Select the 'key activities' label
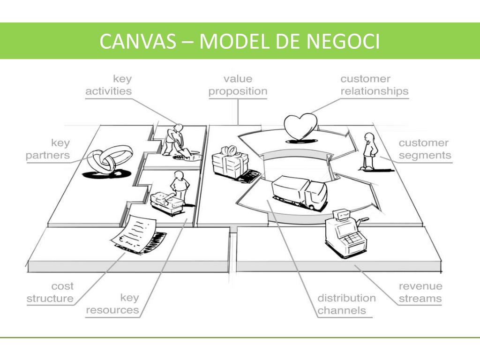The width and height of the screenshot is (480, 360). click(x=108, y=85)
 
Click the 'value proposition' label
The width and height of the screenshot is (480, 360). click(x=238, y=85)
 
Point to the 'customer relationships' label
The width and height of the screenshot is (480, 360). click(x=374, y=85)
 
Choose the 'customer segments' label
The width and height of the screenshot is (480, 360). click(x=425, y=149)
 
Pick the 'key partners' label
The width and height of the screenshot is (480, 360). click(x=48, y=149)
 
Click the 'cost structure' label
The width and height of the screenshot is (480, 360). click(x=50, y=292)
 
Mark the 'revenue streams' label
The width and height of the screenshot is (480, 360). click(x=420, y=292)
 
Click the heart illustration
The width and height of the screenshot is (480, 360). click(x=300, y=127)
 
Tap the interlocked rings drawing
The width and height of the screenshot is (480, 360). click(x=105, y=162)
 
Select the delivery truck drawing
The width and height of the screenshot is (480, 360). click(x=299, y=191)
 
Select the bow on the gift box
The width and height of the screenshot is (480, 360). click(x=230, y=150)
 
